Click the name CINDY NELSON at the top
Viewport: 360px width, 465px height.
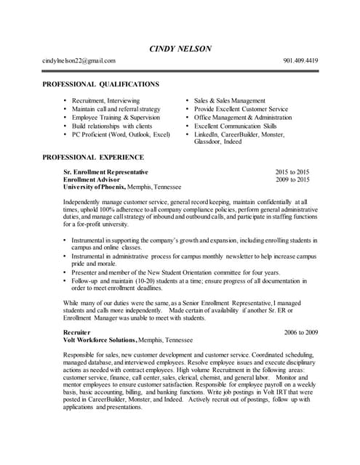tap(180, 49)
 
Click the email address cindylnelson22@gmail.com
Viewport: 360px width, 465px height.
tap(79, 61)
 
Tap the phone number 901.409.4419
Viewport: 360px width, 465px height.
tap(300, 61)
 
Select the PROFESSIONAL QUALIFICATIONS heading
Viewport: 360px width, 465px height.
tap(100, 85)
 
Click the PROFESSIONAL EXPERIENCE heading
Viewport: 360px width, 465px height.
tap(93, 157)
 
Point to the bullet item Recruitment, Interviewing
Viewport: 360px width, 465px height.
tap(105, 100)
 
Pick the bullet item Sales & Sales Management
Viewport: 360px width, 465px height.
tap(229, 100)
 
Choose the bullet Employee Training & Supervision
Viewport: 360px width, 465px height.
tap(116, 117)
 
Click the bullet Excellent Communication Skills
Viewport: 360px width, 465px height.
tap(235, 126)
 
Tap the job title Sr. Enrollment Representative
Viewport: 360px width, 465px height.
tap(105, 172)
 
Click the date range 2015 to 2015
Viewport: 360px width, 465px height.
tap(292, 172)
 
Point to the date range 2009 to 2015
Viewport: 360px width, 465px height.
tap(292, 179)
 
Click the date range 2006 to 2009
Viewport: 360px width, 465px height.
tap(300, 332)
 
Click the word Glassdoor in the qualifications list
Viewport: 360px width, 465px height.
tap(209, 142)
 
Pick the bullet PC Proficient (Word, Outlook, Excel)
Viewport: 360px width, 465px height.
tap(121, 134)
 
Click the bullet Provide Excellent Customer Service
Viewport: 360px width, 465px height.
tap(241, 109)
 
